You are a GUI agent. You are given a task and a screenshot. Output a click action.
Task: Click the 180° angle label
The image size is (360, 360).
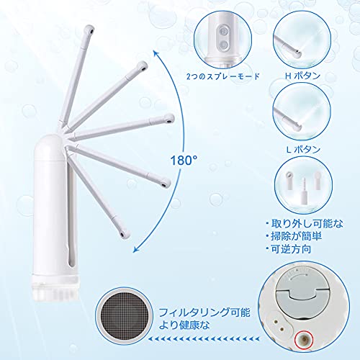pyautogui.click(x=184, y=160)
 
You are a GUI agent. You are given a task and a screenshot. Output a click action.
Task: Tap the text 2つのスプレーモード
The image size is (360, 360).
pyautogui.click(x=223, y=76)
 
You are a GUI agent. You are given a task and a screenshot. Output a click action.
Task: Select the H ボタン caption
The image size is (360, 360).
pyautogui.click(x=302, y=76)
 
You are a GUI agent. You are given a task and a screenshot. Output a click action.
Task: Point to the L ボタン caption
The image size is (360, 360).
pyautogui.click(x=303, y=150)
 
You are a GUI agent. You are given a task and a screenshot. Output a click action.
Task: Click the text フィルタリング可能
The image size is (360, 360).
pyautogui.click(x=204, y=312)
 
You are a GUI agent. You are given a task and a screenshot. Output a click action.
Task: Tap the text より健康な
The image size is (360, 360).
pyautogui.click(x=184, y=325)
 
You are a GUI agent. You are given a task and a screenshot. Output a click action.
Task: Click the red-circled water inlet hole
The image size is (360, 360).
pyautogui.click(x=304, y=339)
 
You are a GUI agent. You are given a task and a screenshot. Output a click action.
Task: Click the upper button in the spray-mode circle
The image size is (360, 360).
pyautogui.click(x=224, y=32)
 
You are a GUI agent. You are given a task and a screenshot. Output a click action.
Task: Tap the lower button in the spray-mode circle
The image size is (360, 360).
pyautogui.click(x=224, y=45)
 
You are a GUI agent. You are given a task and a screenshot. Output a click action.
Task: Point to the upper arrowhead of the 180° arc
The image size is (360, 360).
pyautogui.click(x=156, y=53)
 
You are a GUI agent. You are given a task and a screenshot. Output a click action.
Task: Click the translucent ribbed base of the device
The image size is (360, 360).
pyautogui.click(x=55, y=289)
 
